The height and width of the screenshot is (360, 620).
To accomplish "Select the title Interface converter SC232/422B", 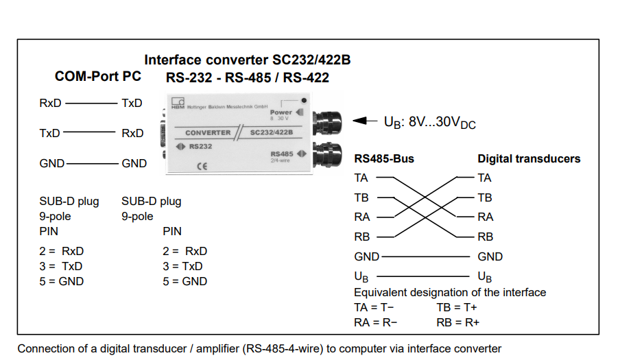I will tap(247, 60).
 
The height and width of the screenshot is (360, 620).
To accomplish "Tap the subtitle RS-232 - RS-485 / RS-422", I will tap(247, 78).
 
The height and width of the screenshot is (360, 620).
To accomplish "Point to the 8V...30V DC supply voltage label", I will tap(430, 123).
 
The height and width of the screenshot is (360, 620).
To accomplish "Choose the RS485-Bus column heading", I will tap(384, 159).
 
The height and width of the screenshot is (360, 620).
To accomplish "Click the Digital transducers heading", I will tap(529, 159).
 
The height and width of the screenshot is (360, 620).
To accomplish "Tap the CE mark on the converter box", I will tap(202, 166).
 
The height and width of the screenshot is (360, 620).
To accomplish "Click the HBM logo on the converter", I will tap(178, 104).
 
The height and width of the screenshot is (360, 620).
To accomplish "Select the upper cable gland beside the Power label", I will tap(326, 121).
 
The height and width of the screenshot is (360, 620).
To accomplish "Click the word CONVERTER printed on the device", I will tap(208, 132).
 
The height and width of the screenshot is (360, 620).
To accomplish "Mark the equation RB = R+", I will tap(457, 322).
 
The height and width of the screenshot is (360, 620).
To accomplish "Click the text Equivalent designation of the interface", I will tap(450, 293).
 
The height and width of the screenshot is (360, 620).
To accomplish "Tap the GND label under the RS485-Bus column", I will tap(367, 257).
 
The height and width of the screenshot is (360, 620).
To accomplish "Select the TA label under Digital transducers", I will tap(485, 178).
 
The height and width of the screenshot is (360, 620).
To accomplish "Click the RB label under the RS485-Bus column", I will tap(362, 237).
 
